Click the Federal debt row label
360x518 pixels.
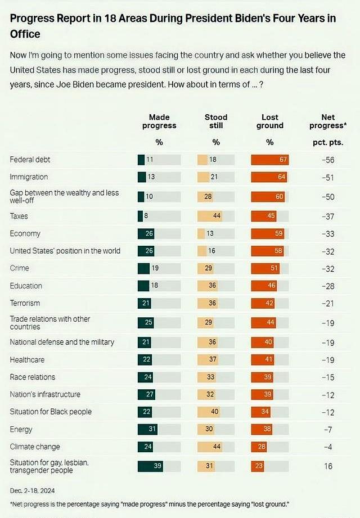pos(30,160)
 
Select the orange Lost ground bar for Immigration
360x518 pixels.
pos(268,177)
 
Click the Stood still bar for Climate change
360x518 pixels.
pos(210,447)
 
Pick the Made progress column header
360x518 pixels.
pos(159,121)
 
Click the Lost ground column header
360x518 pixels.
pos(269,121)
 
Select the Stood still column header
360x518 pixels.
pos(216,121)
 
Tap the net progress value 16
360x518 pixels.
pos(328,466)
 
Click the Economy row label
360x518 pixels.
pos(25,233)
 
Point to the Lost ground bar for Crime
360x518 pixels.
pos(265,268)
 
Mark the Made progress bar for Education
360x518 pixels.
pos(143,286)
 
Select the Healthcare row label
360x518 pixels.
pos(27,359)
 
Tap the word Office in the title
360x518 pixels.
pos(25,34)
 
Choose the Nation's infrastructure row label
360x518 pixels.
pos(45,394)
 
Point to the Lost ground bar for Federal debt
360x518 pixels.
pos(269,160)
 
